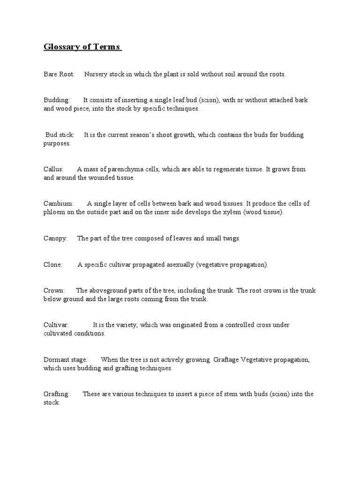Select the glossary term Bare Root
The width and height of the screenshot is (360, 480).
coord(59,74)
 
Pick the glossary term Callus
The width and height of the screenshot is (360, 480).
coord(53,169)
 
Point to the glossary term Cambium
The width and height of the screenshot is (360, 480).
coord(58,203)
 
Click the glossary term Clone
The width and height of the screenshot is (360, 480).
coord(52,265)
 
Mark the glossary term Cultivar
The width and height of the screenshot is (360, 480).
coord(56,325)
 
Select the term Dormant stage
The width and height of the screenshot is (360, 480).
coord(65,360)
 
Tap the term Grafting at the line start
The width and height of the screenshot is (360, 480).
coord(56,394)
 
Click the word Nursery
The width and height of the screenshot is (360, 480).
coord(96,74)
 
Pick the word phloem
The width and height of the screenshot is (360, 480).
coord(54,212)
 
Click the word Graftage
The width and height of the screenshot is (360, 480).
coord(227,360)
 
